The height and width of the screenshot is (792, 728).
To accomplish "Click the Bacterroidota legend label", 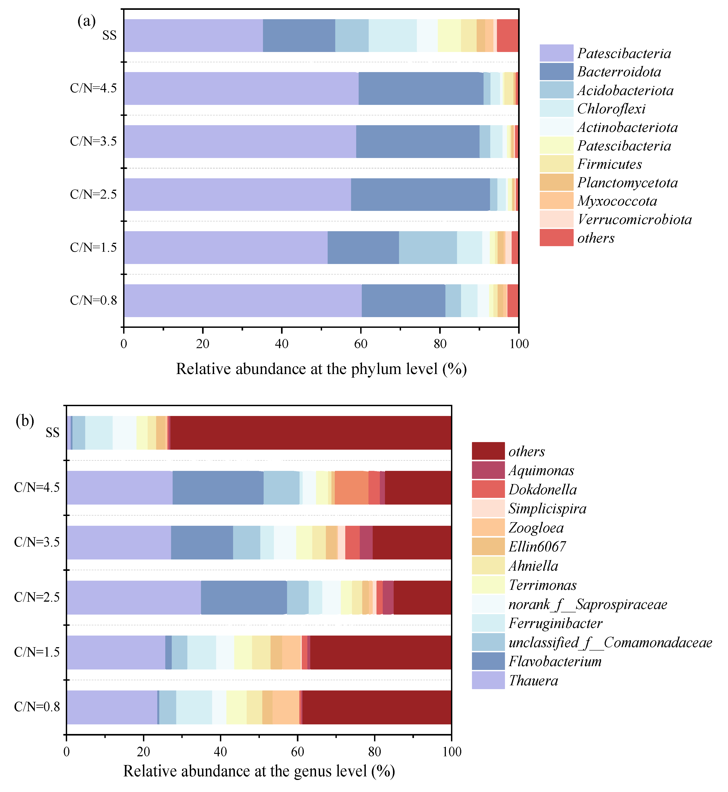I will point(619,72).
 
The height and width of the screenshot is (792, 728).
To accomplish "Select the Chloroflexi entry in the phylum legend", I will point(611,109).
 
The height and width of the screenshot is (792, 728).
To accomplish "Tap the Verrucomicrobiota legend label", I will point(634,220).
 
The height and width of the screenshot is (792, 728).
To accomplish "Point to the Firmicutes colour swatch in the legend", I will point(556,164).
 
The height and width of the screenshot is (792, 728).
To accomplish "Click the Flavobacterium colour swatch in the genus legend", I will point(488,661).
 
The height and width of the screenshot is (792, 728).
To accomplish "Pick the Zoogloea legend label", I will point(536,528).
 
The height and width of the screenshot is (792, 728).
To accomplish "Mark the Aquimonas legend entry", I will point(541,470).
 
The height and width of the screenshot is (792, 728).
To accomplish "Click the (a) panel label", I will point(86,21).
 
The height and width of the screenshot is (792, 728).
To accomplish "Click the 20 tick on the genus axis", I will point(143,752).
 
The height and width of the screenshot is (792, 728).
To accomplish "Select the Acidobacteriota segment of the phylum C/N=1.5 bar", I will point(427,247).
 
